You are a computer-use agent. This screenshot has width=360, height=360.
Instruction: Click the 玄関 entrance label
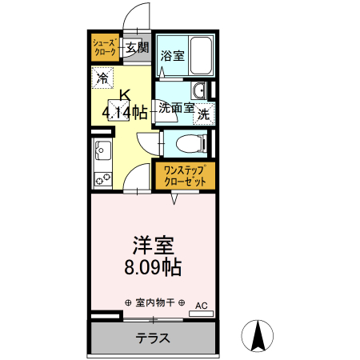click(137, 48)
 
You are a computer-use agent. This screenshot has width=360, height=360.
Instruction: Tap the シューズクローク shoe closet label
click(106, 46)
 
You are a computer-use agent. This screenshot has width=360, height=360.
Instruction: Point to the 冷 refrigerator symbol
click(103, 78)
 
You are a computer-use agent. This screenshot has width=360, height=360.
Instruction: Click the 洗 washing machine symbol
click(204, 114)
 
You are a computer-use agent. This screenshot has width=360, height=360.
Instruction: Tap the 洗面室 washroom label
click(176, 106)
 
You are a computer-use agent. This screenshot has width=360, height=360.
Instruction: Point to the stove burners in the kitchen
click(103, 178)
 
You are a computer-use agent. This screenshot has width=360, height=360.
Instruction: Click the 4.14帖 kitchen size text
click(124, 112)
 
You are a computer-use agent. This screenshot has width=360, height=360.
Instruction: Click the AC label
click(201, 305)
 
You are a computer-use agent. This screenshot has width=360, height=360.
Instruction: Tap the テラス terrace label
click(152, 338)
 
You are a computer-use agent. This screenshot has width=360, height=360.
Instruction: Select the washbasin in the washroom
click(201, 89)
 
